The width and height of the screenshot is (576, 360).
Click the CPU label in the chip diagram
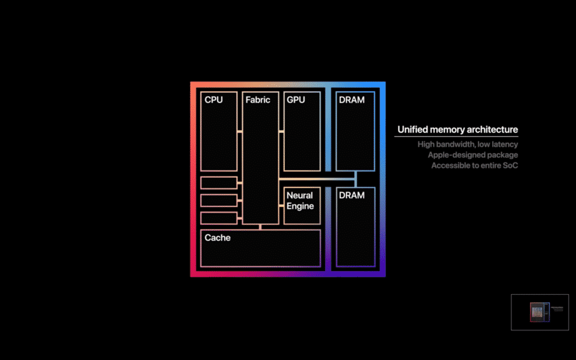tap(214, 100)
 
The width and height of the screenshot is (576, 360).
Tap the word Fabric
tap(258, 100)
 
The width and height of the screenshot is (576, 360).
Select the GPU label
tap(296, 100)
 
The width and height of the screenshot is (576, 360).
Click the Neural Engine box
tap(302, 205)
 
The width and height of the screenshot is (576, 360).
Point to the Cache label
tap(218, 238)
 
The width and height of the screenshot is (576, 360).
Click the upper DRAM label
tap(352, 100)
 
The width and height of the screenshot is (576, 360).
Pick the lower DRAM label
tap(352, 195)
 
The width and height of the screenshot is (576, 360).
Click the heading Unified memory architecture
tap(457, 130)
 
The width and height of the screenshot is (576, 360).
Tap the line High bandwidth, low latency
tap(467, 145)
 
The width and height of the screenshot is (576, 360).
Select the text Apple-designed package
tap(472, 155)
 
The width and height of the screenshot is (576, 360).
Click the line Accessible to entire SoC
tap(474, 166)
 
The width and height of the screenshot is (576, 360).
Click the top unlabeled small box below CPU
tap(219, 183)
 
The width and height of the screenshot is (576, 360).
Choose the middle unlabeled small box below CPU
tap(219, 200)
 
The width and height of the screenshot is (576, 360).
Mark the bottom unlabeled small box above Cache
tap(219, 218)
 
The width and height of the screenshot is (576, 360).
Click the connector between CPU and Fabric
tap(240, 132)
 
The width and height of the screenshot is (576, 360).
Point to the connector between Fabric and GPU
tap(281, 132)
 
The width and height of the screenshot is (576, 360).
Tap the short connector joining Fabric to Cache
tap(260, 227)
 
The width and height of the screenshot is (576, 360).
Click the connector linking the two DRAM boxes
tap(355, 179)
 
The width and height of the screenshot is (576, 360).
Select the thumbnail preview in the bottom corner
tap(539, 312)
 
